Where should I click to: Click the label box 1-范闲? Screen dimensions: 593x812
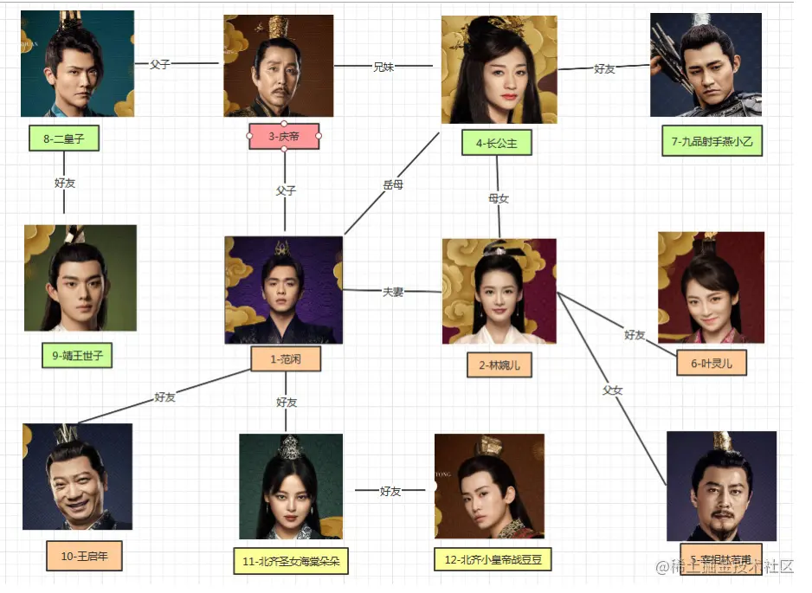pyautogui.click(x=286, y=359)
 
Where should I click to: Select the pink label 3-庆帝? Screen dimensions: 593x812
pyautogui.click(x=284, y=136)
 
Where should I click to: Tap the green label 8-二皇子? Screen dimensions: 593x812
pyautogui.click(x=63, y=139)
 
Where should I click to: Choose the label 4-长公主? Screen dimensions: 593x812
pyautogui.click(x=496, y=144)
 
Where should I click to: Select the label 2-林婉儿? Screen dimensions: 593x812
pyautogui.click(x=499, y=365)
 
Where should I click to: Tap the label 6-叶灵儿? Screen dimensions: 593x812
pyautogui.click(x=712, y=364)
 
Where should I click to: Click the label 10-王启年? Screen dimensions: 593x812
pyautogui.click(x=84, y=556)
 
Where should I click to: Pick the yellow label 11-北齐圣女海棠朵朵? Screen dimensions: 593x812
pyautogui.click(x=292, y=561)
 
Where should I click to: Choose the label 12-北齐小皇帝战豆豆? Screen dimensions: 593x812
pyautogui.click(x=492, y=559)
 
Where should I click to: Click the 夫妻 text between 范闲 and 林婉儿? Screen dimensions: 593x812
pyautogui.click(x=393, y=292)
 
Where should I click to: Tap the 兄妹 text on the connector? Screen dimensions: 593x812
pyautogui.click(x=383, y=66)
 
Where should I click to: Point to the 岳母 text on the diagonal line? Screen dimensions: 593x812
pyautogui.click(x=393, y=184)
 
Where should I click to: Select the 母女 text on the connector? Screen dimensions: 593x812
pyautogui.click(x=499, y=198)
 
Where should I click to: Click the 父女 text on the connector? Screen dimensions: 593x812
pyautogui.click(x=612, y=390)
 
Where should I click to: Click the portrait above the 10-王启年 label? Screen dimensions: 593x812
pyautogui.click(x=77, y=476)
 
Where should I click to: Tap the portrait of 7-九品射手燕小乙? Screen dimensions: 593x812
pyautogui.click(x=706, y=65)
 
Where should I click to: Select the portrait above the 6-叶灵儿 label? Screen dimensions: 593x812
pyautogui.click(x=711, y=287)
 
